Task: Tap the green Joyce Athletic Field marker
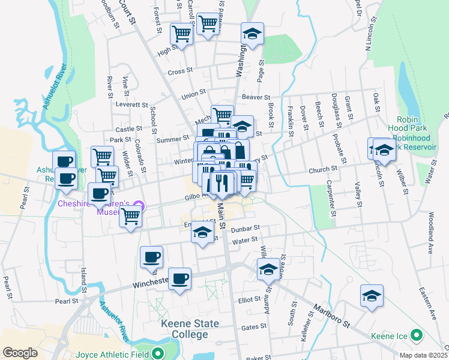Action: pyautogui.click(x=158, y=353)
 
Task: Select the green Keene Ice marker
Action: pyautogui.click(x=416, y=335)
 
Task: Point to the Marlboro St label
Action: pyautogui.click(x=330, y=316)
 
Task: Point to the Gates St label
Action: pyautogui.click(x=253, y=327)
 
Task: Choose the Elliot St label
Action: pyautogui.click(x=249, y=299)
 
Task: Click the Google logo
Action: pyautogui.click(x=20, y=353)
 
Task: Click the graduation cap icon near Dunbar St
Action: pyautogui.click(x=202, y=232)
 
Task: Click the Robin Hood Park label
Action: pyautogui.click(x=412, y=124)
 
